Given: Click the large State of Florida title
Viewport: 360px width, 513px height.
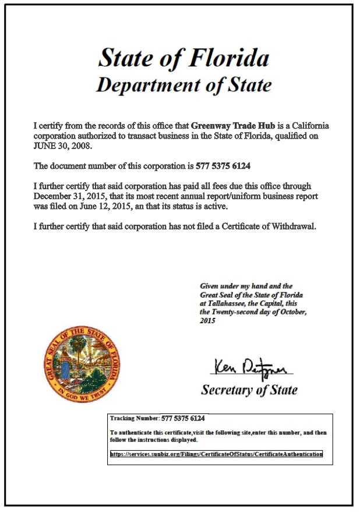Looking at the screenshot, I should (183, 58).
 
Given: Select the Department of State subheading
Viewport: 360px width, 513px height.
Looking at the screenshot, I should (183, 85).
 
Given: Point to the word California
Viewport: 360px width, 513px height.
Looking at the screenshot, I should (308, 125).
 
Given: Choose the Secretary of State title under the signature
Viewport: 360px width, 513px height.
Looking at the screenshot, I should (249, 390).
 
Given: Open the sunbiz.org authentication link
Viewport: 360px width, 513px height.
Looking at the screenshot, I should (216, 454).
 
